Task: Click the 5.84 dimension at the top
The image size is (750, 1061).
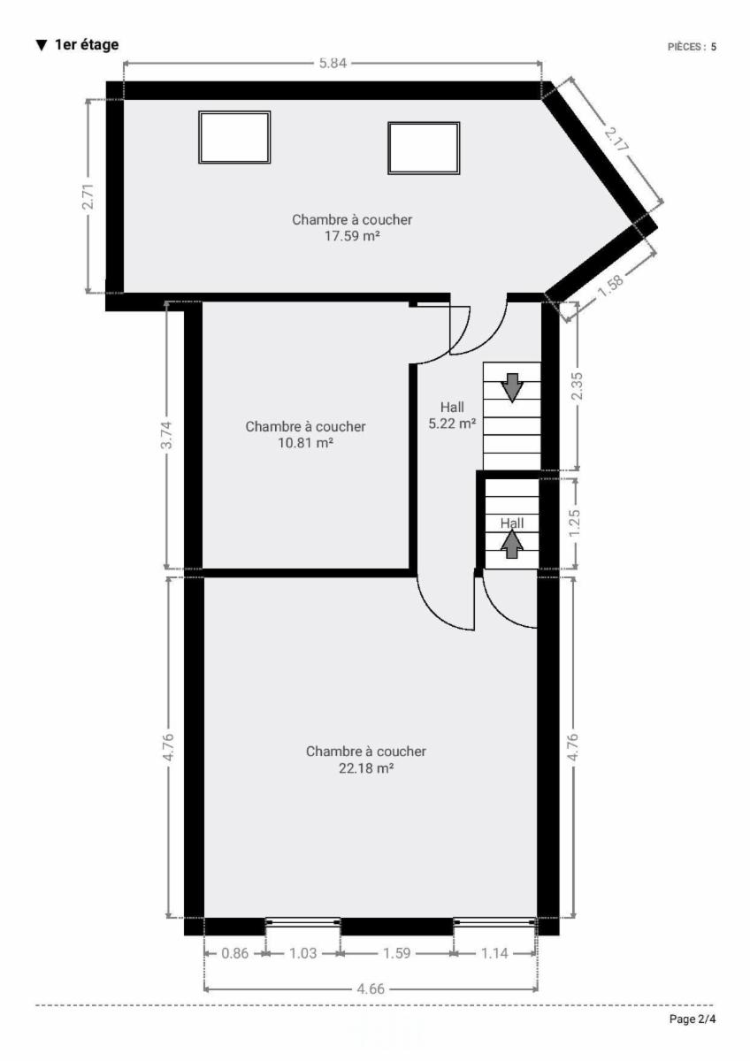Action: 333,63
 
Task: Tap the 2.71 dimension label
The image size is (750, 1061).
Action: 88,196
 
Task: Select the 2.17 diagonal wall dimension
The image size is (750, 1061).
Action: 616,140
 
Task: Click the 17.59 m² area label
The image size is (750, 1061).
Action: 352,236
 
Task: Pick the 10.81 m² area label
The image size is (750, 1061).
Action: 306,443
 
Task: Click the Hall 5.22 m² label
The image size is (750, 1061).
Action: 453,416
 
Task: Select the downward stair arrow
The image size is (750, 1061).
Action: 512,387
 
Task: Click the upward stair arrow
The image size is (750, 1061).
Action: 512,544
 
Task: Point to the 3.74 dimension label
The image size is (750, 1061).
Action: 168,435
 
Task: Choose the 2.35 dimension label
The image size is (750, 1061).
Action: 578,386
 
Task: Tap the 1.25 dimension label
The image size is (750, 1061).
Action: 576,523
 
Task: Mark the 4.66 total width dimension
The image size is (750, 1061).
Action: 371,989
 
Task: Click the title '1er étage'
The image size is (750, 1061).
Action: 87,45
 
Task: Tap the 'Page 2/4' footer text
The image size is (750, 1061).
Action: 693,1019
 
